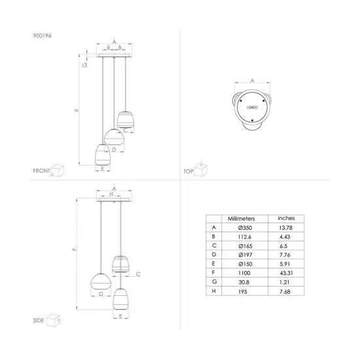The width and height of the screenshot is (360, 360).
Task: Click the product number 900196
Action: click(43, 35)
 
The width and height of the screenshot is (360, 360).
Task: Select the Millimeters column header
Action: click(242, 219)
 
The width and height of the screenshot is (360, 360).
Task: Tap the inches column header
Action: click(286, 218)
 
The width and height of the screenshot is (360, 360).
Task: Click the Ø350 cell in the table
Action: click(245, 228)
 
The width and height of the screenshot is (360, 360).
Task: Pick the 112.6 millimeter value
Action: click(245, 237)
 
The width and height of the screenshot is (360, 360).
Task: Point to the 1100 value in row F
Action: click(244, 273)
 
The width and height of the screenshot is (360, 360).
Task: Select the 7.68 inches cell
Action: click(285, 292)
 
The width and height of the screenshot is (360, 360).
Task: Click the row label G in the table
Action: click(214, 281)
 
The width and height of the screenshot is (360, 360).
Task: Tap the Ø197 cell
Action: click(245, 255)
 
